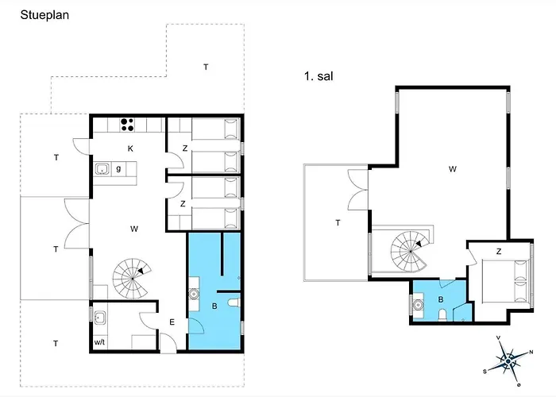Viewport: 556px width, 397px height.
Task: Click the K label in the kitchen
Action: coord(131,148)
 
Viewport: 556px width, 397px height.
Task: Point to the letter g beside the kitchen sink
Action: coord(118,168)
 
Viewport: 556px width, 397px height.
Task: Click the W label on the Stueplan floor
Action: coord(134,229)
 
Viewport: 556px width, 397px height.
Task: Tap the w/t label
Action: coord(100,342)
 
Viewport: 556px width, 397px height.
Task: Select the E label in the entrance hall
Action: coord(172,322)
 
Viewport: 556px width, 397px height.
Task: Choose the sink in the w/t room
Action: coord(101,318)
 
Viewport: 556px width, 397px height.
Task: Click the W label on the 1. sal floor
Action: coord(452,168)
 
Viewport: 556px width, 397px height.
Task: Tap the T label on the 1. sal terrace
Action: coord(338,223)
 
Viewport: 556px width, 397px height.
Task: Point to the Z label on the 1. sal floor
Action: coord(498,252)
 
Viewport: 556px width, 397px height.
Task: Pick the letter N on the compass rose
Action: coord(531,353)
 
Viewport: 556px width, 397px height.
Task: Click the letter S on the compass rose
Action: coord(485,371)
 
